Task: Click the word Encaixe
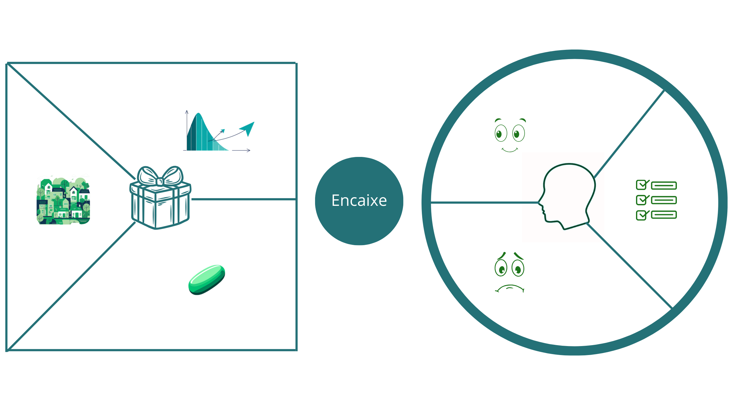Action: (359, 201)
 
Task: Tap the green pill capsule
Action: (207, 279)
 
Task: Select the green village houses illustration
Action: (63, 201)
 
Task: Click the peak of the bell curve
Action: (198, 114)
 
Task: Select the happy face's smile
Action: (510, 150)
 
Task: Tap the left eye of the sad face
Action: (501, 268)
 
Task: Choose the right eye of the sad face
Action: (518, 268)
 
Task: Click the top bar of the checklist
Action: (664, 186)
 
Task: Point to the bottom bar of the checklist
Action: (664, 214)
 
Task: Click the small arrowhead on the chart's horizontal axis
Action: (249, 150)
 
